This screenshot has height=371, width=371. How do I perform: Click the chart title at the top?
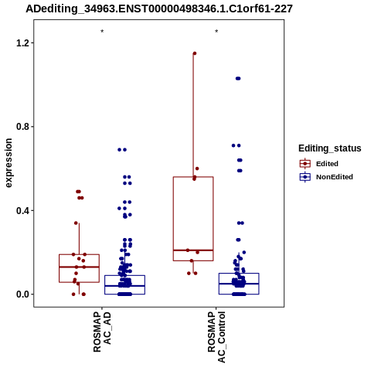pyautogui.click(x=159, y=9)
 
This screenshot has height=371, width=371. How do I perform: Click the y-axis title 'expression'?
pyautogui.click(x=9, y=163)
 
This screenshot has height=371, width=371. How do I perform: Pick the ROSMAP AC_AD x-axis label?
pyautogui.click(x=102, y=332)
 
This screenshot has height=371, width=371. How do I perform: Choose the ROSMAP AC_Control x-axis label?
pyautogui.click(x=216, y=337)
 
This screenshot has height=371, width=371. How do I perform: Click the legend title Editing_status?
pyautogui.click(x=330, y=148)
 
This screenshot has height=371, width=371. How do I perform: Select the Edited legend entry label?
pyautogui.click(x=327, y=164)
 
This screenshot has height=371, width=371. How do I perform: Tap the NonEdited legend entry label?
pyautogui.click(x=335, y=177)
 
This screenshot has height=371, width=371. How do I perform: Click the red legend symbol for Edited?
pyautogui.click(x=305, y=164)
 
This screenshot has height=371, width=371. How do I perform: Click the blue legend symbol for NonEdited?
pyautogui.click(x=305, y=177)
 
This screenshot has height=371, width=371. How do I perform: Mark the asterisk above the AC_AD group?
pyautogui.click(x=102, y=32)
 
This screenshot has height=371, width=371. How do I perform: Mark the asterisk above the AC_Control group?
pyautogui.click(x=216, y=32)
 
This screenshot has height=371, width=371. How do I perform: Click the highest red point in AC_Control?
pyautogui.click(x=195, y=53)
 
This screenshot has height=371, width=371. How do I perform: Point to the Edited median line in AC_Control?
pyautogui.click(x=193, y=250)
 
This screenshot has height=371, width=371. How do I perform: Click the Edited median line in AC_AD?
pyautogui.click(x=79, y=267)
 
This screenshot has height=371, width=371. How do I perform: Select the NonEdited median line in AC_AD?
pyautogui.click(x=124, y=286)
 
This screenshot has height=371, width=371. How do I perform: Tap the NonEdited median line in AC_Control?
pyautogui.click(x=239, y=284)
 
